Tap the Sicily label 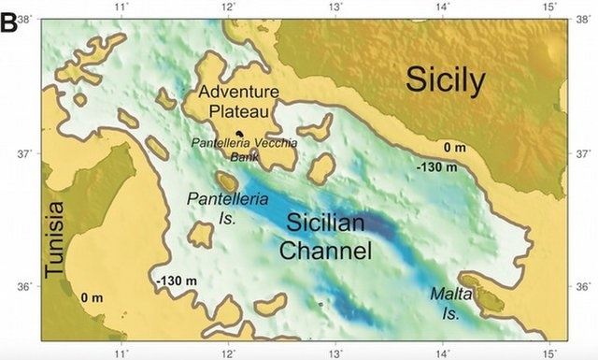445,81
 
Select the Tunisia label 57,238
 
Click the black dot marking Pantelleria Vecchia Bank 239,134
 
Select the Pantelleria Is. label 228,208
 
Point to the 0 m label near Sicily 454,148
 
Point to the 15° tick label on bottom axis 552,353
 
